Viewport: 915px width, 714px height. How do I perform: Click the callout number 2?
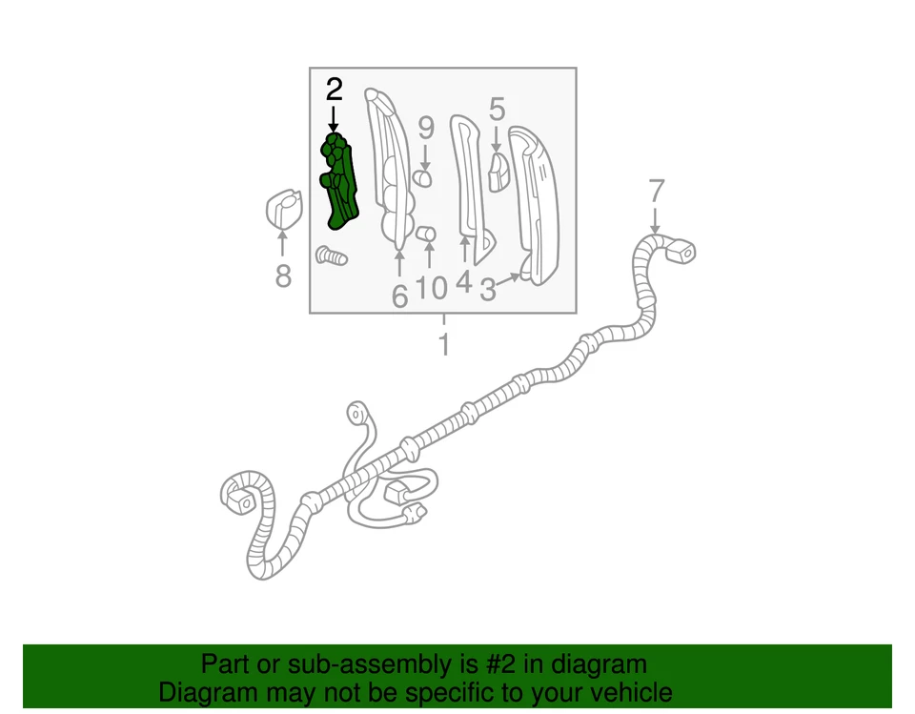pos(334,91)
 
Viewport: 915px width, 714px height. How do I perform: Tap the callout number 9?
pos(426,127)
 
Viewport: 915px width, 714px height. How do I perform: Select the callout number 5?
pos(497,109)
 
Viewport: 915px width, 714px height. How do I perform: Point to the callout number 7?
pos(655,191)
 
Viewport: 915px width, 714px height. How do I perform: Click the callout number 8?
pos(283,276)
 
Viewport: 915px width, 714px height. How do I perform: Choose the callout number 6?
pos(399,296)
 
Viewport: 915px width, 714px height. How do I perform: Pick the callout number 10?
pos(432,287)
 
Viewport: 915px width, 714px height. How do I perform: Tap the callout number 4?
pos(464,283)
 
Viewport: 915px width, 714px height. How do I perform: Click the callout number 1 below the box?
pos(443,344)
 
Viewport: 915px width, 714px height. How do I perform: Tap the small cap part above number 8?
pos(281,209)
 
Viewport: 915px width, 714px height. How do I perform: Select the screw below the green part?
pos(331,255)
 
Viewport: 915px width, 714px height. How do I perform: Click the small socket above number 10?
pos(428,234)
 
